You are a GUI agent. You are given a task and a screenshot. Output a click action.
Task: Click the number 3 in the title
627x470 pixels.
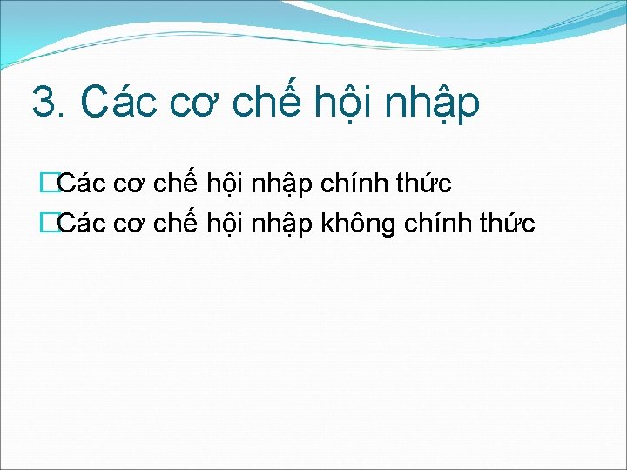pos(42,102)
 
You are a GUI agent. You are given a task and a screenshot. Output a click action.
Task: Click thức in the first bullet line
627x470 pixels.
pos(424,185)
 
